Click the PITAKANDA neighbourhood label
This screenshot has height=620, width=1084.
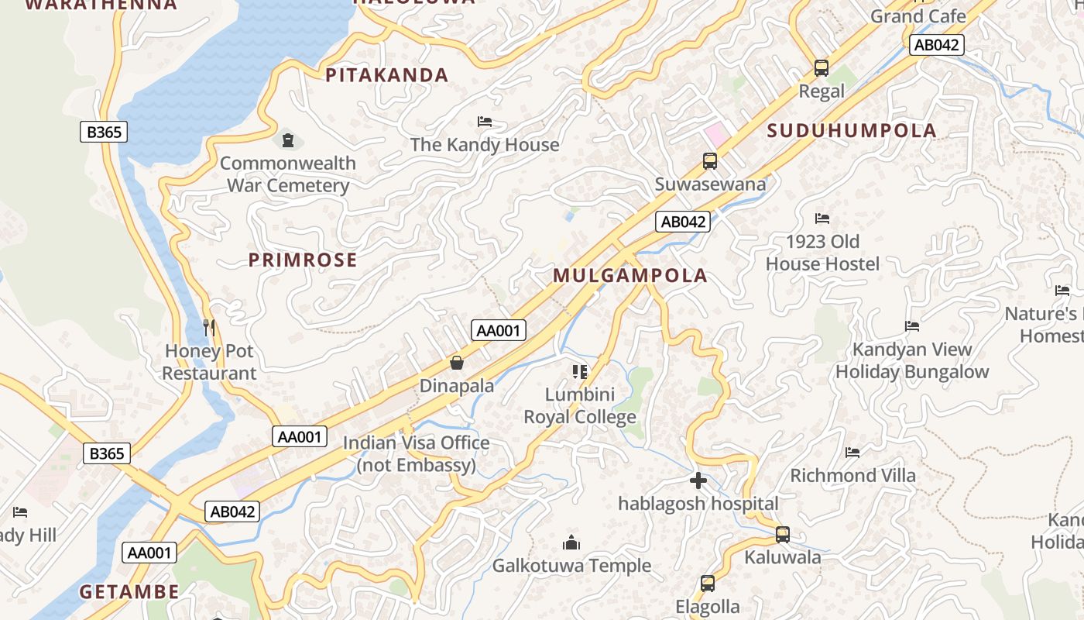(386, 75)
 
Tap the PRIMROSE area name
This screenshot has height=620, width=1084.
(303, 260)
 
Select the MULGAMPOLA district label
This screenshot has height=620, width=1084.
(630, 275)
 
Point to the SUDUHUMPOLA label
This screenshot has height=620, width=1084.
(852, 130)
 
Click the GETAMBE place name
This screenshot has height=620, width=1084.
(129, 592)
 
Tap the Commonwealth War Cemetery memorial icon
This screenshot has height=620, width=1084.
(288, 140)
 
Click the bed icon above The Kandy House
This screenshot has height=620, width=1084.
(485, 122)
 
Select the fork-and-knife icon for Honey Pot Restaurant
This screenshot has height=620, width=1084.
(208, 328)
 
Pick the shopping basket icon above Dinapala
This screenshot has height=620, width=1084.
(457, 363)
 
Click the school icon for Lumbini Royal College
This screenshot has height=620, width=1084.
(580, 372)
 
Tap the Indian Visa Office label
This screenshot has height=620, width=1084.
(417, 453)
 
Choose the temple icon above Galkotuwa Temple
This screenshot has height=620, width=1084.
(571, 542)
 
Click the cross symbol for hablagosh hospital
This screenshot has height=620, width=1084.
(698, 480)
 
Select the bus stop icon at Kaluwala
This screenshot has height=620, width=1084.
(783, 535)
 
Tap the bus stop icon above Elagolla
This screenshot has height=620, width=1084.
(708, 584)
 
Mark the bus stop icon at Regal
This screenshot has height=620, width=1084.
(822, 68)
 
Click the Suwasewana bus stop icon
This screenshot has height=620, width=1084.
(710, 161)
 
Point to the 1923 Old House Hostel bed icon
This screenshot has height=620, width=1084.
(822, 219)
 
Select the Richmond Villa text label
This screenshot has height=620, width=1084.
(852, 475)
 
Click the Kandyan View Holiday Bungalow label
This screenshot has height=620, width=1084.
(912, 360)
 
